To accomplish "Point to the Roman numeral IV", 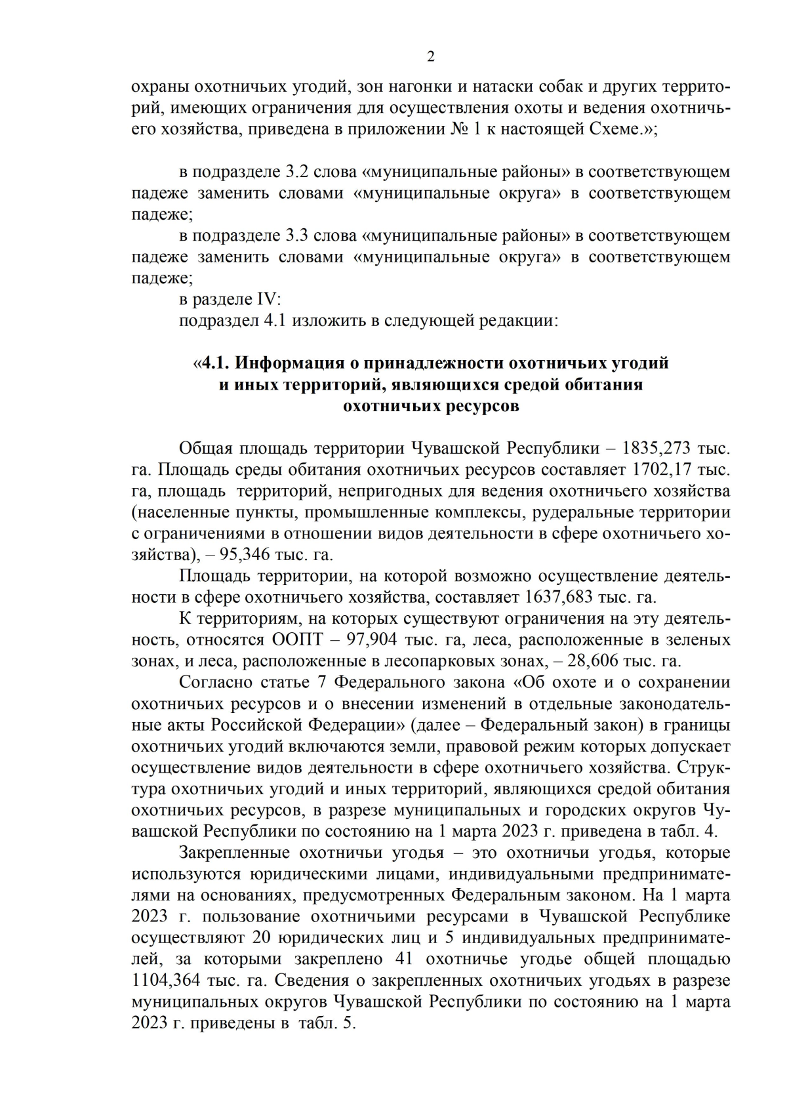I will coord(269,300).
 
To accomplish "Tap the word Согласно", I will coord(216,682).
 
